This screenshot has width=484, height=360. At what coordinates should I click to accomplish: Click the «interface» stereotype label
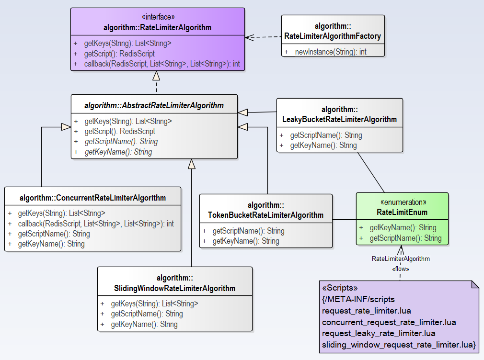tap(157, 18)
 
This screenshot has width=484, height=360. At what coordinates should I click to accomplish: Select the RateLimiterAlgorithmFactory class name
tap(333, 36)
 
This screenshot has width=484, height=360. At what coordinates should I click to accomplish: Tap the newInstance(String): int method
tap(331, 52)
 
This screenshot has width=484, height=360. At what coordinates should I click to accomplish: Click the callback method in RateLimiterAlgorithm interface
tap(162, 64)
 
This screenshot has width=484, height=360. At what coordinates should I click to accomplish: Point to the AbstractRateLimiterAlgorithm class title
tap(154, 105)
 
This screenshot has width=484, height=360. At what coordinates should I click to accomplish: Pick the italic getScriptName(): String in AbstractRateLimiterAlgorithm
tap(121, 142)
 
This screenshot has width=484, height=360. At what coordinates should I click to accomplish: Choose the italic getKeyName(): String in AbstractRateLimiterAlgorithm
tap(118, 152)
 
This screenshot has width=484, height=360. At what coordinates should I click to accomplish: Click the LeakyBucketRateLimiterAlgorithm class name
tap(339, 119)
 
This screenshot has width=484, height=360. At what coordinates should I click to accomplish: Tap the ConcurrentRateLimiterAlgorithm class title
tap(92, 198)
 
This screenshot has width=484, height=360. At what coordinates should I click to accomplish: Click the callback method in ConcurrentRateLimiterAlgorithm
tap(96, 224)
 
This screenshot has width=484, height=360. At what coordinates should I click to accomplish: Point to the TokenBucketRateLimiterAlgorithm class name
tap(266, 215)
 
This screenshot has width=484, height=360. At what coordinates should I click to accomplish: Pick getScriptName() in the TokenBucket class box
tap(248, 231)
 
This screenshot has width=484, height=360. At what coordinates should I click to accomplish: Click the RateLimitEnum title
tap(402, 212)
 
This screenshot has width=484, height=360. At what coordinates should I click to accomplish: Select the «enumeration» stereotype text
tap(402, 202)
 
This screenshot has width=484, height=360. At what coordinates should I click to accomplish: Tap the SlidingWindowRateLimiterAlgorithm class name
tap(174, 288)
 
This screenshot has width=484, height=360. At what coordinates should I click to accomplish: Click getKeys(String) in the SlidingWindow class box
tap(154, 304)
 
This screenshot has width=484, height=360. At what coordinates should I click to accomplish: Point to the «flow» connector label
tap(401, 269)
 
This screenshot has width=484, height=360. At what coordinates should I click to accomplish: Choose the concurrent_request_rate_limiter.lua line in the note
tap(389, 322)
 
